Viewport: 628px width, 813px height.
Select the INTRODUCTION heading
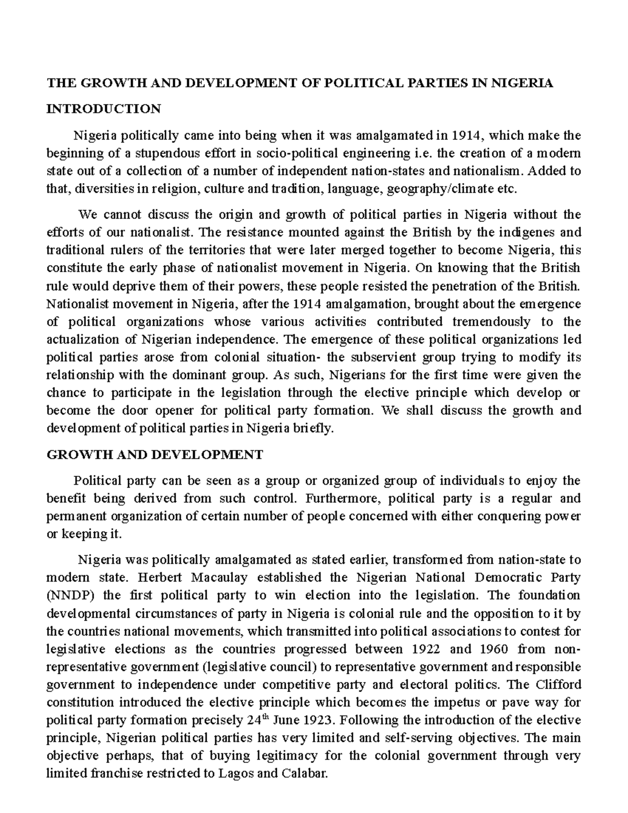104,109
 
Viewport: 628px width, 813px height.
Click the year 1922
418,649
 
